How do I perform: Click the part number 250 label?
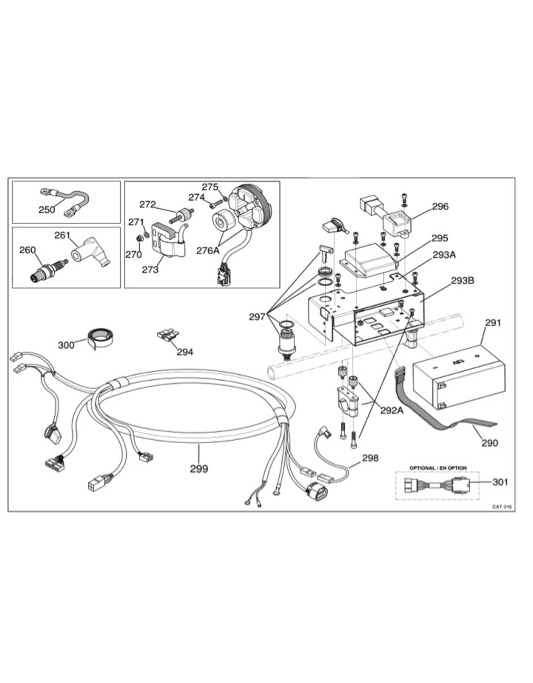[x=47, y=210]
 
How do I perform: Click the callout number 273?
[x=150, y=269]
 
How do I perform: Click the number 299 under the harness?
[x=199, y=469]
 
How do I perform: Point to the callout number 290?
[x=490, y=443]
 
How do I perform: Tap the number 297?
[x=257, y=316]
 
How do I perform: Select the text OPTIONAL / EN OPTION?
[x=438, y=468]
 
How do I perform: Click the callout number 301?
[x=500, y=482]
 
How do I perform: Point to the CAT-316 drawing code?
[x=502, y=507]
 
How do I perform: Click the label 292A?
[x=392, y=411]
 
